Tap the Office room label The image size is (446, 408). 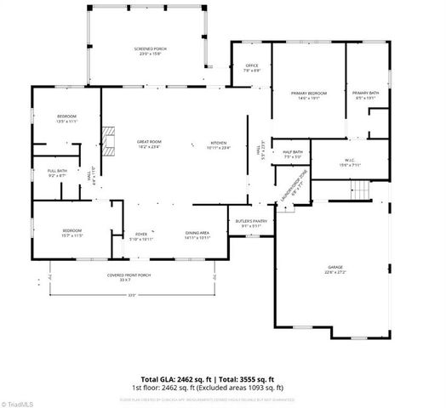[x=252, y=67]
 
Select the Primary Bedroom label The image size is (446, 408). [x=309, y=94]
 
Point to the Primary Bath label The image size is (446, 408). [x=365, y=94]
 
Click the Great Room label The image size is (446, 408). [x=150, y=144]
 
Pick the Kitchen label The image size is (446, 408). [x=219, y=144]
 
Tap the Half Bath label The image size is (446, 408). [x=293, y=154]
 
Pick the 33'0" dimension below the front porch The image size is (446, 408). [x=132, y=296]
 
